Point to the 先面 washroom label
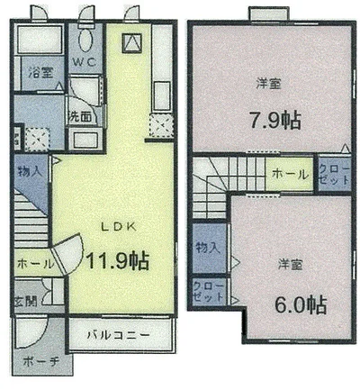click(x=79, y=117)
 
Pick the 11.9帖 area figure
click(x=117, y=260)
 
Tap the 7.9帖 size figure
click(x=267, y=119)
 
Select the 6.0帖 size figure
click(x=293, y=303)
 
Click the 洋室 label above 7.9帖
click(x=267, y=84)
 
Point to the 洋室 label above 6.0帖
click(x=289, y=266)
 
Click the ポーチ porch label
click(x=38, y=362)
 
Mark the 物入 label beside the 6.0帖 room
click(x=208, y=248)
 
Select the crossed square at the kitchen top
click(x=131, y=41)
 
